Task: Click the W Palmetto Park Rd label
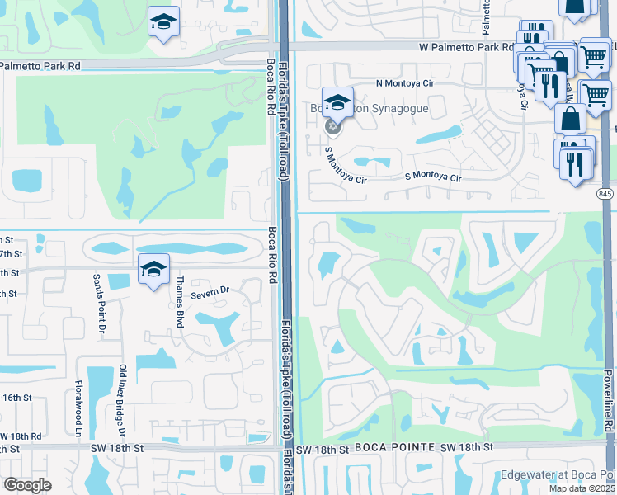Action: pyautogui.click(x=464, y=49)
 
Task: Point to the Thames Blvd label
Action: pyautogui.click(x=179, y=302)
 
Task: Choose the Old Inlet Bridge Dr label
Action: pyautogui.click(x=122, y=401)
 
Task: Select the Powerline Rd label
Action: pyautogui.click(x=607, y=405)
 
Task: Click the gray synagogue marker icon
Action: pyautogui.click(x=333, y=126)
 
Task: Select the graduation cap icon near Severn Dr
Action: pyautogui.click(x=153, y=271)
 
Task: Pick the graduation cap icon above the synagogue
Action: pyautogui.click(x=337, y=103)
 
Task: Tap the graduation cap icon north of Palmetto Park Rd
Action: pyautogui.click(x=164, y=21)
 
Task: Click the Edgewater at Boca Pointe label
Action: pyautogui.click(x=557, y=475)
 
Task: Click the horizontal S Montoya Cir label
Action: pyautogui.click(x=432, y=177)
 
